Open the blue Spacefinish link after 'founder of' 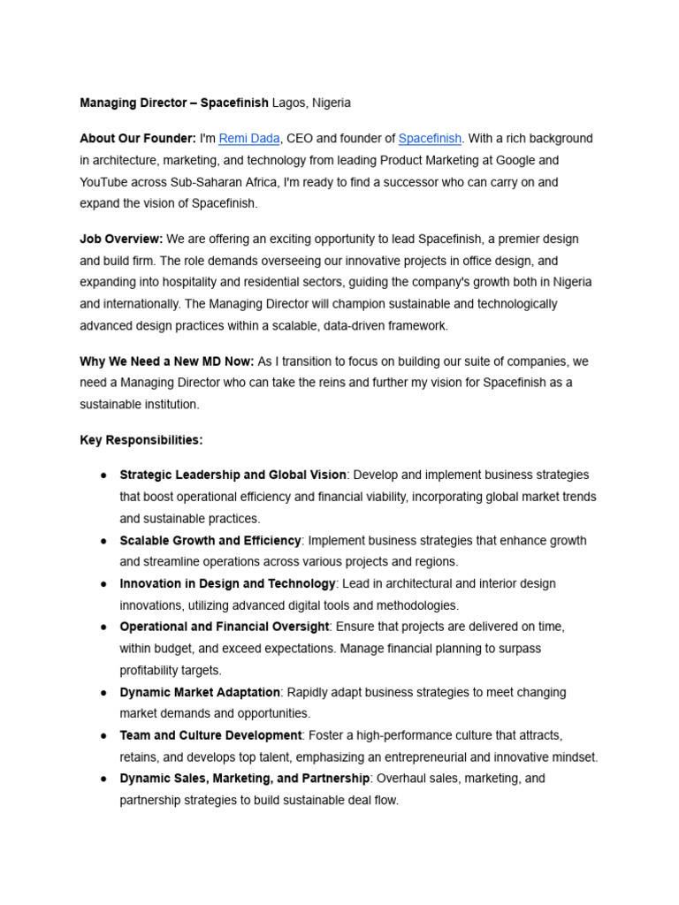pos(430,139)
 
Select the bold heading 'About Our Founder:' pos(137,139)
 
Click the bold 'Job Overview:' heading pos(121,240)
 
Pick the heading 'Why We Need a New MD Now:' pos(166,361)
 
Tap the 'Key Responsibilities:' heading pos(141,440)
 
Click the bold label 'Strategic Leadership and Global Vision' pos(233,475)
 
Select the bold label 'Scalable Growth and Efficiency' pos(210,541)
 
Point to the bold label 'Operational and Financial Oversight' pos(225,627)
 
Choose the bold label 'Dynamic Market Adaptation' pos(200,692)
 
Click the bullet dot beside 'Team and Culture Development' pos(103,735)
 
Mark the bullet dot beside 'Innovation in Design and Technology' pos(103,584)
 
